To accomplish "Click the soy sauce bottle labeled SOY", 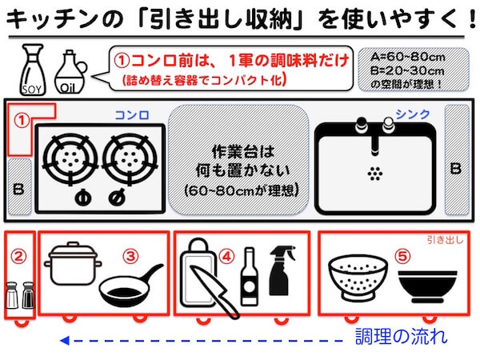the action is click(x=33, y=70).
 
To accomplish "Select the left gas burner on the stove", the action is click(x=70, y=159).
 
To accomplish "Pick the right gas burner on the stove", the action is click(x=130, y=159).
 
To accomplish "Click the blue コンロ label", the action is click(x=132, y=115).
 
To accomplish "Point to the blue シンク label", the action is click(x=413, y=114).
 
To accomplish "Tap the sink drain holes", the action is click(x=375, y=174).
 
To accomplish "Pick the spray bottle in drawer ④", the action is click(x=282, y=270).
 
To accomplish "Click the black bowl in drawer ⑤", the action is click(x=428, y=286).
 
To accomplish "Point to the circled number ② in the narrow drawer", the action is click(x=18, y=257).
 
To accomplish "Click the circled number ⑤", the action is click(x=402, y=256).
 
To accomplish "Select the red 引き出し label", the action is click(x=445, y=240).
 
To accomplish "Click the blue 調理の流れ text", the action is click(x=401, y=337).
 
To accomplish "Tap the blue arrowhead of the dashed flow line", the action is click(x=65, y=341).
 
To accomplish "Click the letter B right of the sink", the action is click(x=455, y=169).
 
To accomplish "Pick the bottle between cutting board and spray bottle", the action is click(x=249, y=276).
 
